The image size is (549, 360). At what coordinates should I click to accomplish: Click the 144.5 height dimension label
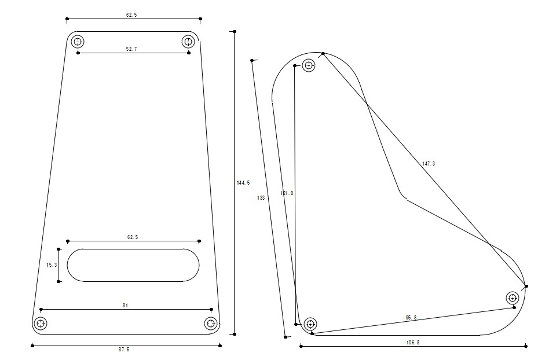pos(243,183)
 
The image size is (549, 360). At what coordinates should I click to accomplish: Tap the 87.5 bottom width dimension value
pos(123,349)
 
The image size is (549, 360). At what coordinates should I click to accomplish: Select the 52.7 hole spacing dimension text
pos(131,49)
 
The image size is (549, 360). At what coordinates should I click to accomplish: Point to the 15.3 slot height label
pos(52,265)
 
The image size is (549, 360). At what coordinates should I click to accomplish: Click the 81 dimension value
pos(125,306)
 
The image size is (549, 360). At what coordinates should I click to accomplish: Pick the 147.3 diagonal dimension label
pos(429,163)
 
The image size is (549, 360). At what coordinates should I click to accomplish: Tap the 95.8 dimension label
pos(411,318)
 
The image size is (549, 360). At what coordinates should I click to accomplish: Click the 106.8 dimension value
pos(413,342)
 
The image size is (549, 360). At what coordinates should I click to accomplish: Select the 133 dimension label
pos(261,198)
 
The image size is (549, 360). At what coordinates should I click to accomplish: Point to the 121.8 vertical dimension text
pos(287,193)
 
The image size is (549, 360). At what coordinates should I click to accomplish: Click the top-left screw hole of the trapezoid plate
pos(78,42)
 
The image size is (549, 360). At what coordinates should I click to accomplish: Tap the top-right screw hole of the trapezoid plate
pos(188,42)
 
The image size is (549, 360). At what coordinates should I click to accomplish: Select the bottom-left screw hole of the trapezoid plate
pos(41,324)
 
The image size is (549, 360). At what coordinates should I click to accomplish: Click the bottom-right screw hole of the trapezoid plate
pos(211,324)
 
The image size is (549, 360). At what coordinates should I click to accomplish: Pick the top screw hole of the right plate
pos(309,65)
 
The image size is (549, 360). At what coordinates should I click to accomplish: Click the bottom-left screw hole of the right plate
pos(310,324)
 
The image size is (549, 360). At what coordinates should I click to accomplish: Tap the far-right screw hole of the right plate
pos(513,298)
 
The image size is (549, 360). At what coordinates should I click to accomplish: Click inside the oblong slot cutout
pos(133,265)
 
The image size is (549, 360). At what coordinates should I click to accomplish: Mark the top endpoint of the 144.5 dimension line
pos(235,31)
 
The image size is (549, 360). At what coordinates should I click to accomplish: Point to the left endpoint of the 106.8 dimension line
pos(301,346)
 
